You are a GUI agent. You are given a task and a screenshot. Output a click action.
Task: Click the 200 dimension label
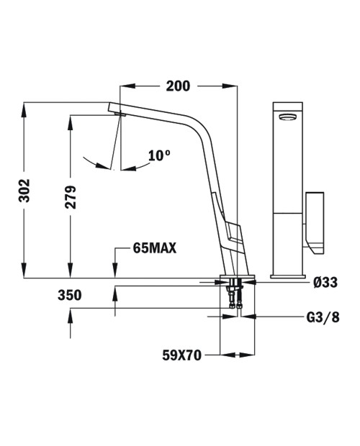click(x=178, y=86)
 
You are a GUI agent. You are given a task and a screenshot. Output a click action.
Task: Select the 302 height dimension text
click(x=24, y=191)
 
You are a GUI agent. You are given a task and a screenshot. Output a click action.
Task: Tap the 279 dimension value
click(x=71, y=197)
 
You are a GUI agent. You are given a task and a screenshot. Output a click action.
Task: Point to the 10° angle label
click(x=159, y=155)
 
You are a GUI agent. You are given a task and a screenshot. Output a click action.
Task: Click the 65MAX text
click(x=155, y=248)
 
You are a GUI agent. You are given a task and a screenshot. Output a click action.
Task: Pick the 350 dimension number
click(x=69, y=295)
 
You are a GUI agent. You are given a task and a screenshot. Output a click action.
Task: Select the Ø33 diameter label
click(x=325, y=283)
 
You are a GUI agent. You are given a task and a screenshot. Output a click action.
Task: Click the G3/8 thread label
click(x=323, y=317)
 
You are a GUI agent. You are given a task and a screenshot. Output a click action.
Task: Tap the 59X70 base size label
click(x=182, y=355)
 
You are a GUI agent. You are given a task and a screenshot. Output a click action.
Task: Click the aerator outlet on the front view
click(x=288, y=117)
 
